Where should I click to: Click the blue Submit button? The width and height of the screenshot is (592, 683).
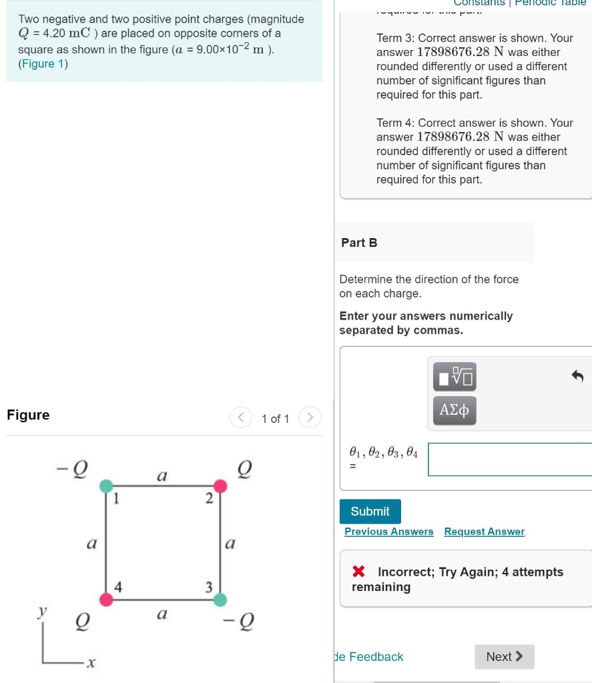click(x=370, y=512)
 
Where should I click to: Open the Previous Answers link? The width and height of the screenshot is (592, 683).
click(x=388, y=532)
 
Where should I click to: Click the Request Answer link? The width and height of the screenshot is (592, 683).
click(x=484, y=532)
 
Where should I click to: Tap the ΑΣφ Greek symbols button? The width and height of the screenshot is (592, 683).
click(x=455, y=410)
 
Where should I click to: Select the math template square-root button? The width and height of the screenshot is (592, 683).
click(x=455, y=377)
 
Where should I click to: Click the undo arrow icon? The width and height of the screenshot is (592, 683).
click(x=577, y=377)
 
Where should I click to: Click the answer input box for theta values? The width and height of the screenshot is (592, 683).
click(x=509, y=460)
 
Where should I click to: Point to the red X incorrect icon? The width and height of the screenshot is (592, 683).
click(x=358, y=572)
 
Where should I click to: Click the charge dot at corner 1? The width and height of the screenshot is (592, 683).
click(x=107, y=486)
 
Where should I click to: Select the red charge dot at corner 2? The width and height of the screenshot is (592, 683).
click(x=220, y=486)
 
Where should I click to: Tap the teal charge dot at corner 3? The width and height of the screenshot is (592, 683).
click(x=220, y=600)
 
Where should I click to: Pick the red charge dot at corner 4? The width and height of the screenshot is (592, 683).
click(x=107, y=600)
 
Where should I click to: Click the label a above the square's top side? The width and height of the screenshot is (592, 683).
click(x=162, y=476)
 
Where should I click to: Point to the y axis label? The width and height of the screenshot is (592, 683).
click(x=43, y=611)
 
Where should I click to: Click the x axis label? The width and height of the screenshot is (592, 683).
click(x=91, y=663)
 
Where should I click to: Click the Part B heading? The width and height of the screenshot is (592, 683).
click(x=359, y=243)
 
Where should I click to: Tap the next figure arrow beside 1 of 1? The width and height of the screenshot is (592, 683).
click(x=310, y=418)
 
